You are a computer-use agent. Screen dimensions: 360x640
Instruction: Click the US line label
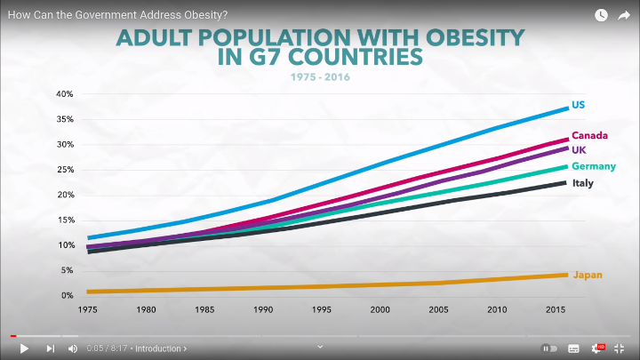pyautogui.click(x=578, y=105)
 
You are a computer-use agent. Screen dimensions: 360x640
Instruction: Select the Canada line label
pyautogui.click(x=589, y=135)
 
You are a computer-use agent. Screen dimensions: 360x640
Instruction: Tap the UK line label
pyautogui.click(x=579, y=149)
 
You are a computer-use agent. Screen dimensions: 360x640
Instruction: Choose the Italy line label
pyautogui.click(x=582, y=183)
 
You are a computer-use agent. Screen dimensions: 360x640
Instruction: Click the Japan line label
pyautogui.click(x=588, y=275)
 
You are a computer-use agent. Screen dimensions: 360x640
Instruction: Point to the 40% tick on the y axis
pyautogui.click(x=64, y=94)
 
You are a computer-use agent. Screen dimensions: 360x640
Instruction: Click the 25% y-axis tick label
pyautogui.click(x=64, y=170)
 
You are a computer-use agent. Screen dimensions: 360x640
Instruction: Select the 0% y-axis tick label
pyautogui.click(x=66, y=295)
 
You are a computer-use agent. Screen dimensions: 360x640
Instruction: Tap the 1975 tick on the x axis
pyautogui.click(x=88, y=310)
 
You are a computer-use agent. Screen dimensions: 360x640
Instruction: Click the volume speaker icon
pyautogui.click(x=73, y=348)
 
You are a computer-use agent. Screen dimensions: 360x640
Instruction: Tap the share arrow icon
pyautogui.click(x=624, y=15)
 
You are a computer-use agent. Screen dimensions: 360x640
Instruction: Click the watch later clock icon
pyautogui.click(x=601, y=15)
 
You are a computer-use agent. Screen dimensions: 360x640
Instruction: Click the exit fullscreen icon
pyautogui.click(x=620, y=348)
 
